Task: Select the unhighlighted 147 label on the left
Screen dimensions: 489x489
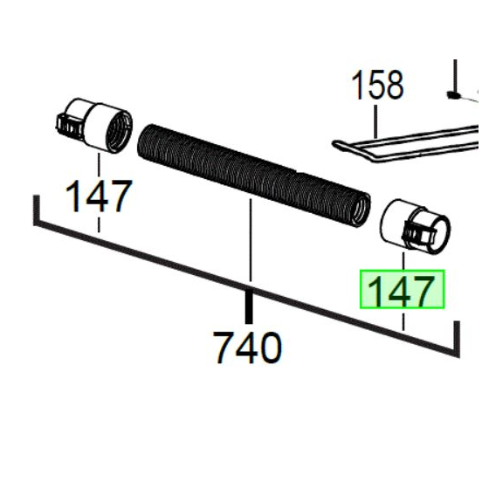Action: click(x=99, y=196)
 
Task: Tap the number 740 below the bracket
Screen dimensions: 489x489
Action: click(x=248, y=348)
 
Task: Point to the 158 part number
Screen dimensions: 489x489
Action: click(x=377, y=86)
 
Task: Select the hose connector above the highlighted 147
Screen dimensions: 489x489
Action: click(x=417, y=225)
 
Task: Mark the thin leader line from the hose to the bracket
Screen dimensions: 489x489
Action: click(x=251, y=240)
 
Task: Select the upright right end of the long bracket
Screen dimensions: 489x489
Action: click(x=456, y=336)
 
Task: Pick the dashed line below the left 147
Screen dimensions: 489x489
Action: click(x=99, y=224)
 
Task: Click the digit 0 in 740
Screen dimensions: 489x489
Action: click(x=269, y=348)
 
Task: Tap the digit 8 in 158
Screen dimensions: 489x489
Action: click(x=392, y=86)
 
